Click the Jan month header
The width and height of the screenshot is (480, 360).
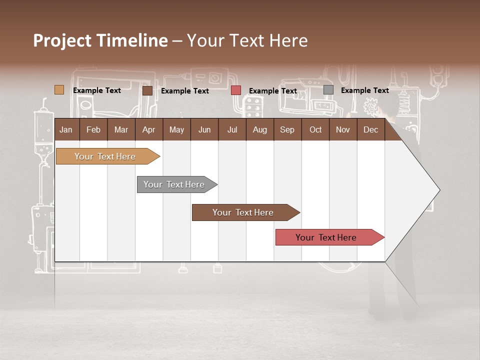point(66,129)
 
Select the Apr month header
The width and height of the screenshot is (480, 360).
point(148,129)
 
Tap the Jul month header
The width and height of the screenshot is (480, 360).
point(232,129)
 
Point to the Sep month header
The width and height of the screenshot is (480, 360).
point(287,129)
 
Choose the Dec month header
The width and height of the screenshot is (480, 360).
point(370,129)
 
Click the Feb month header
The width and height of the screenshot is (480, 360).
point(93,129)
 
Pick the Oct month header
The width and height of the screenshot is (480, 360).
point(315,129)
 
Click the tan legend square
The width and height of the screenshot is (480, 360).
point(59,90)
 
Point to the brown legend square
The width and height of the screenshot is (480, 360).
point(147,90)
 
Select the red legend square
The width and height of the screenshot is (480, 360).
point(236,90)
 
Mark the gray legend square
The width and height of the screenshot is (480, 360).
point(328,90)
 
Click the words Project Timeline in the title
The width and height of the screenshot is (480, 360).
point(100,40)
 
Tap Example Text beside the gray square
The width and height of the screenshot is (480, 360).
point(364,90)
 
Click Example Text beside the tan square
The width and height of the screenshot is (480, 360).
point(97,90)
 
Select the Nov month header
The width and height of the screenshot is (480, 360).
point(343,129)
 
